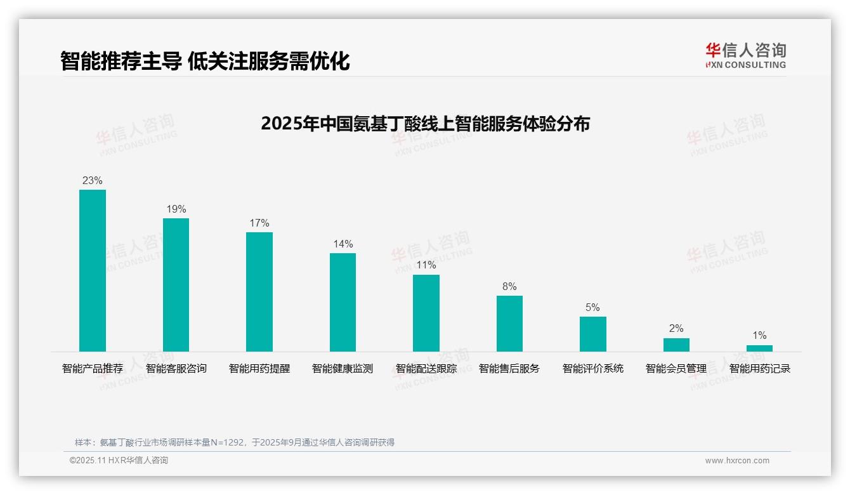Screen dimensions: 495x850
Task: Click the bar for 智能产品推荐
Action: tap(93, 270)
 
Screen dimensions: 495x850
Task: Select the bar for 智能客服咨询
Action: tap(176, 285)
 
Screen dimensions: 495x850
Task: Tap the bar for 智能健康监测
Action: tap(343, 302)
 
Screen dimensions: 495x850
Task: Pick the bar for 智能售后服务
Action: tap(509, 324)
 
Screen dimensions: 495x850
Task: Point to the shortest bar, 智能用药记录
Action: tap(759, 348)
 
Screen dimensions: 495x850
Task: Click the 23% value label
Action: tap(93, 181)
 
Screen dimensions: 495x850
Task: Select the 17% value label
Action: tap(259, 223)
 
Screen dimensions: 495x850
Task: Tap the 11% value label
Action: tap(426, 265)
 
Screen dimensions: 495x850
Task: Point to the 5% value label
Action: tap(592, 308)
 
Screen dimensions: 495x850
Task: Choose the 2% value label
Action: tap(676, 329)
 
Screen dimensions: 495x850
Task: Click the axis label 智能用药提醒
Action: tap(259, 369)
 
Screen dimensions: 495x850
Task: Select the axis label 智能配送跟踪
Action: tap(426, 369)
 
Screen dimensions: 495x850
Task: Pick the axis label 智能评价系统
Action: tap(592, 369)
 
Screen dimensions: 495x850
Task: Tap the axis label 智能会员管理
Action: tap(676, 369)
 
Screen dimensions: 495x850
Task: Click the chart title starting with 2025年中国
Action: tap(425, 123)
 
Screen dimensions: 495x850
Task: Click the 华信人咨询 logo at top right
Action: tap(745, 55)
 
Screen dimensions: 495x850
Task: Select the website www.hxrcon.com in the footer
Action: tap(737, 461)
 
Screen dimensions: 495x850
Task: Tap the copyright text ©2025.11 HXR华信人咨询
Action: tap(119, 461)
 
